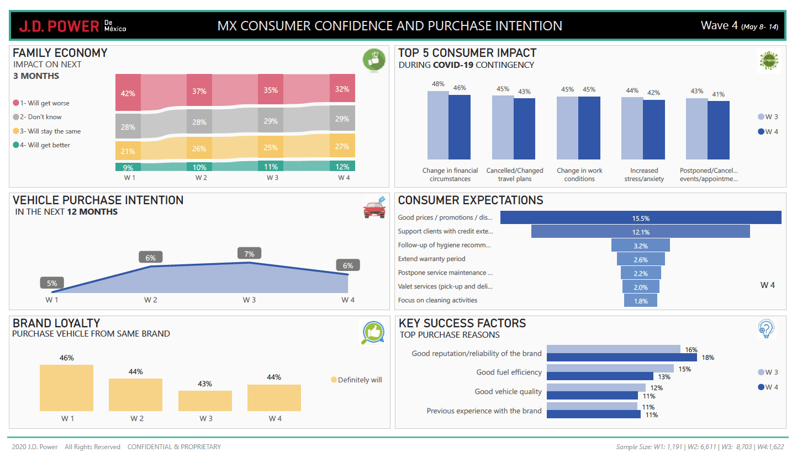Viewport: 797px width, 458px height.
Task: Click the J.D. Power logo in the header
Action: pos(72,26)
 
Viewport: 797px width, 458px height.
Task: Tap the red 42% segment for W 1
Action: pos(128,89)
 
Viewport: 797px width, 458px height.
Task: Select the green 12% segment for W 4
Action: pos(342,167)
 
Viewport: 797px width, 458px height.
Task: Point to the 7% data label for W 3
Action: pos(249,254)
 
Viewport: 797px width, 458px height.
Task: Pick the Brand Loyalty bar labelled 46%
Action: pos(66,387)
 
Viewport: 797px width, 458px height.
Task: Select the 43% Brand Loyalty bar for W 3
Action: pos(205,401)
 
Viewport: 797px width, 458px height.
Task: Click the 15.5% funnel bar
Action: pos(641,218)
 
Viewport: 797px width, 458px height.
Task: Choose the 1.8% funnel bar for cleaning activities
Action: pos(641,301)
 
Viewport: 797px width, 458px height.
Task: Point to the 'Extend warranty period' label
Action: pos(432,259)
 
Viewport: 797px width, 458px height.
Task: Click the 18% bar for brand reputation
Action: pos(622,358)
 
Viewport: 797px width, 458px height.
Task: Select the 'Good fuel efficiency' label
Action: pos(509,372)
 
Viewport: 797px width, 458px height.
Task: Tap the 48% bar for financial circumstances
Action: pos(437,125)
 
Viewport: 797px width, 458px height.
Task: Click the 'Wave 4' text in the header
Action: pos(719,25)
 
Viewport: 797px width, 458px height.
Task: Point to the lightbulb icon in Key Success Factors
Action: pos(767,329)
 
